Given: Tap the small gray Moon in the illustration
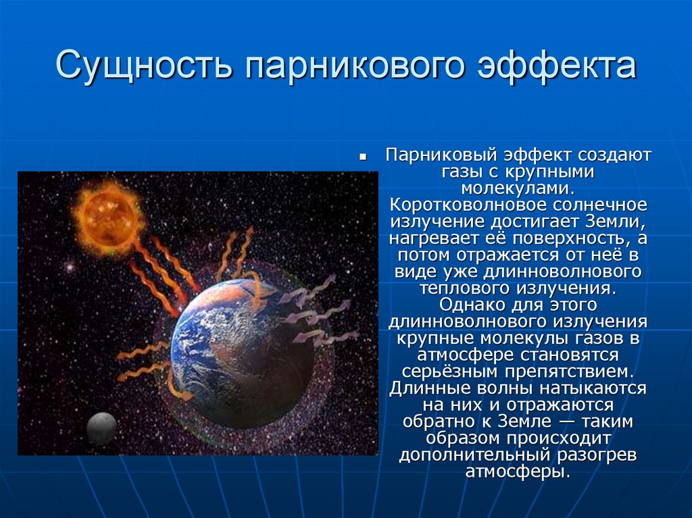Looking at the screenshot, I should (x=101, y=428).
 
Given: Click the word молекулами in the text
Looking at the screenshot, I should (x=518, y=188).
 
